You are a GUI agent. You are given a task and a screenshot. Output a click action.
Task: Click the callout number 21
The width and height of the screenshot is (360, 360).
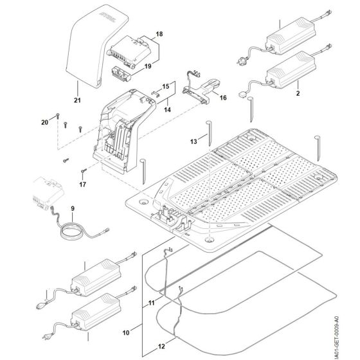[77, 100]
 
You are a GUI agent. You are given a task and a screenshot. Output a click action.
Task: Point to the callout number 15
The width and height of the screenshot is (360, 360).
[165, 85]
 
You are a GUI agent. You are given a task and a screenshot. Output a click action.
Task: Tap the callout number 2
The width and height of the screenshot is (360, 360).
[298, 93]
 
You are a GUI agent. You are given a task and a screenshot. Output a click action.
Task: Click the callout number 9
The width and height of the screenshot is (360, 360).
[72, 208]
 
